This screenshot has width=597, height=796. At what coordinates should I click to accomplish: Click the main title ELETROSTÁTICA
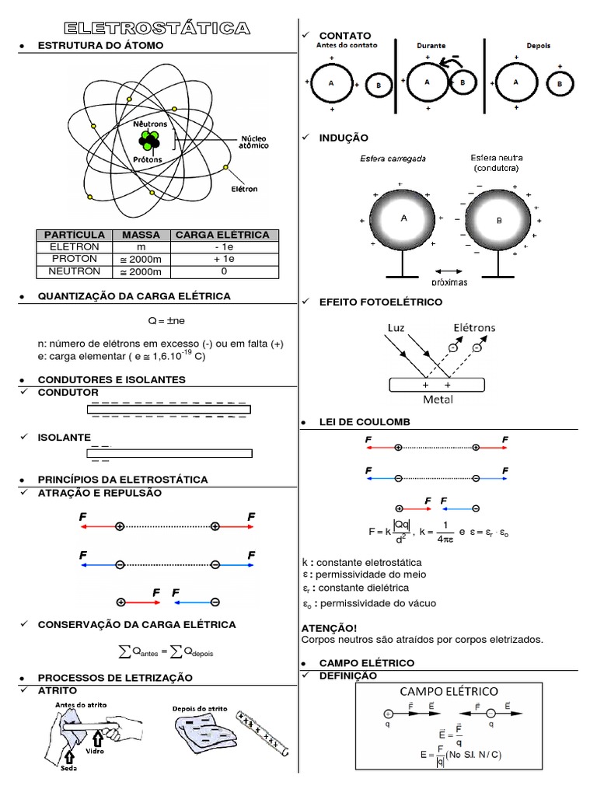tap(157, 29)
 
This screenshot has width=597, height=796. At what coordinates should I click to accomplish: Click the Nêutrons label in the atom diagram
tap(149, 124)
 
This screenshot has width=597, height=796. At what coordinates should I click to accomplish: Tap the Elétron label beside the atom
tap(243, 188)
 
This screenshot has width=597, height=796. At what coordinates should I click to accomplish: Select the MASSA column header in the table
tap(141, 235)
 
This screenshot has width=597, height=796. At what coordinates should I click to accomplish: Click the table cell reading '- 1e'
tap(223, 246)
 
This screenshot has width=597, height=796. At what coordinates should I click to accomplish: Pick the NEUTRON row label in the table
tap(74, 271)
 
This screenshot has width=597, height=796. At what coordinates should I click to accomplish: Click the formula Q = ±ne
tap(165, 319)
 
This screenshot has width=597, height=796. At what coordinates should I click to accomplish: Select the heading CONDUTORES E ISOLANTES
tap(112, 379)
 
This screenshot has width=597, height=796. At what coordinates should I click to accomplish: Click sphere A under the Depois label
tap(516, 82)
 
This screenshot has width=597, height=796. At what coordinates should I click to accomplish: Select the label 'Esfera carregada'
tap(393, 159)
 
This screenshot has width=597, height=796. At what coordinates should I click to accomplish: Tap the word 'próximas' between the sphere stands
tap(449, 282)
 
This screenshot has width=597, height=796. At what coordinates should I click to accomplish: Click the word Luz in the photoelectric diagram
tap(396, 329)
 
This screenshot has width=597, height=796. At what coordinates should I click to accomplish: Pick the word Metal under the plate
tap(438, 400)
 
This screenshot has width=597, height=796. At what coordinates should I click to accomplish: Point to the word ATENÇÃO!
tap(328, 627)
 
